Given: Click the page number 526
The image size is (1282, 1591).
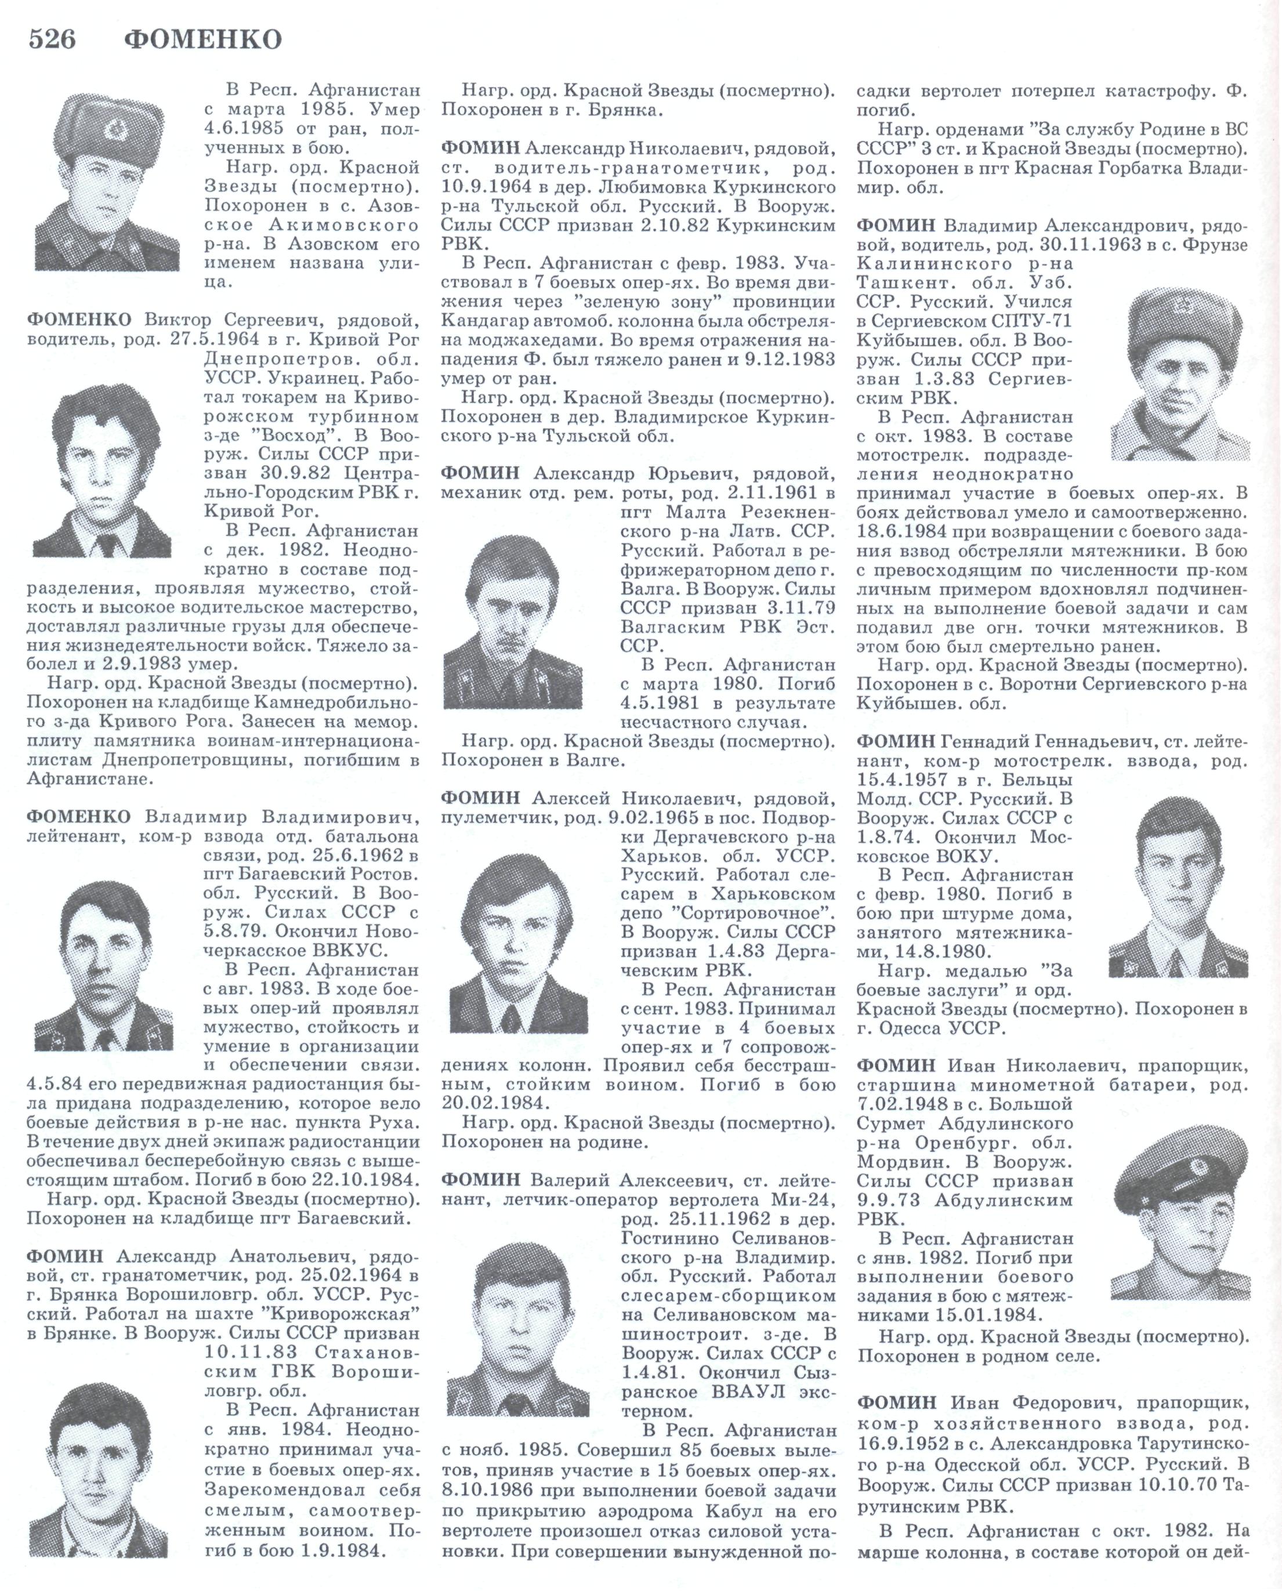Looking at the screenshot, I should (x=52, y=38).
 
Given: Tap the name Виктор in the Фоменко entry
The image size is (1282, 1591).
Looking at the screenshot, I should (x=179, y=320).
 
